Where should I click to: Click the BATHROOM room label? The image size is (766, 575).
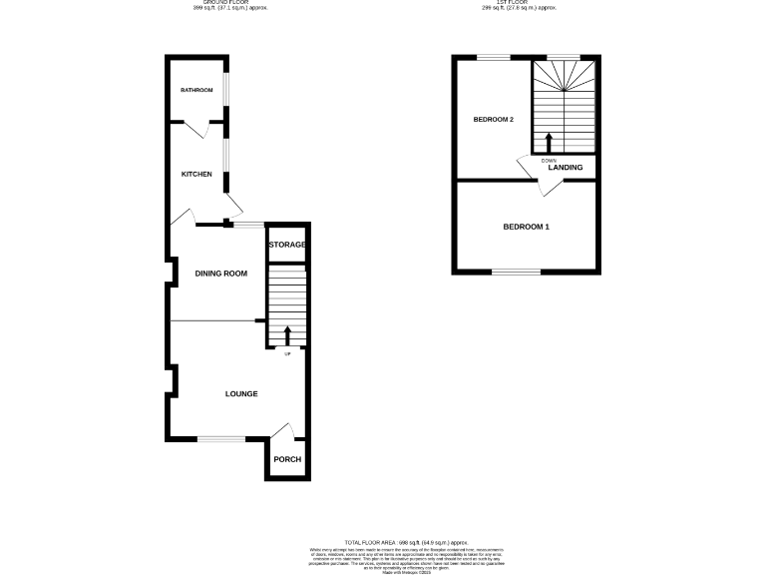[196, 91]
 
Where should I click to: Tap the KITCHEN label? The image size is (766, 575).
[196, 175]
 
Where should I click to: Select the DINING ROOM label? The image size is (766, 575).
[220, 274]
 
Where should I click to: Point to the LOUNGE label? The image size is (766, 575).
[241, 394]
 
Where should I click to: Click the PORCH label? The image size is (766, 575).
[287, 459]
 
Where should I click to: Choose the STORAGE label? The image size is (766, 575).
[286, 245]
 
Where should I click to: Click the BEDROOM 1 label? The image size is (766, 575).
[526, 227]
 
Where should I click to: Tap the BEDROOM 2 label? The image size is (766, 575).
[493, 120]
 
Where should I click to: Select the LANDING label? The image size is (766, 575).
[566, 167]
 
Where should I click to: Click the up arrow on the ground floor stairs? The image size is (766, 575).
[288, 335]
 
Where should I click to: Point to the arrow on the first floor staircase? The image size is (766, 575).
[548, 140]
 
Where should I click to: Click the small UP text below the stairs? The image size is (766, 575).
[288, 354]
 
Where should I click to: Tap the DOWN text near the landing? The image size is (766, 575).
[549, 160]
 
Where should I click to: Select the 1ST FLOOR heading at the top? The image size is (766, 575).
[519, 4]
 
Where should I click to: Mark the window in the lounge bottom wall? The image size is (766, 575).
[221, 439]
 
